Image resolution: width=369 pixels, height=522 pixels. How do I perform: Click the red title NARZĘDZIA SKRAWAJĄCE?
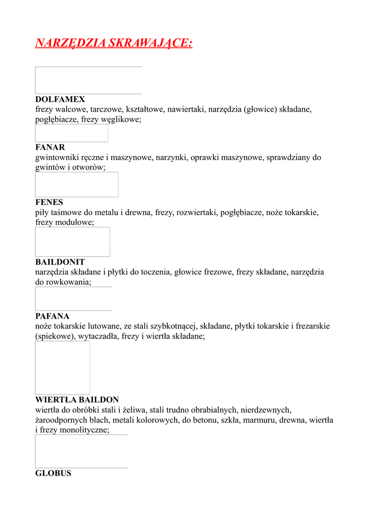pyautogui.click(x=114, y=43)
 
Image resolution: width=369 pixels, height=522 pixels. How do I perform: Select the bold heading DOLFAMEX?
pyautogui.click(x=60, y=99)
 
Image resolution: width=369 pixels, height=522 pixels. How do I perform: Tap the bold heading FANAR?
pyautogui.click(x=50, y=147)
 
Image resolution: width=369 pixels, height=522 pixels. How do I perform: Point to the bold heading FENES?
pyautogui.click(x=49, y=202)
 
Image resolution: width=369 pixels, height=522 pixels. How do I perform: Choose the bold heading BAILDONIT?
pyautogui.click(x=60, y=262)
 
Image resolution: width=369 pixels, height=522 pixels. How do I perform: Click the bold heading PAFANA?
pyautogui.click(x=52, y=316)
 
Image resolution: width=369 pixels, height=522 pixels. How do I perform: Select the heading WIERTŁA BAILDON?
pyautogui.click(x=77, y=400)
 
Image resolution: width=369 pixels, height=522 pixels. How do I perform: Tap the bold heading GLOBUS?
pyautogui.click(x=53, y=473)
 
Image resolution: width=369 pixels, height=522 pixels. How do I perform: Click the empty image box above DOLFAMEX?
pyautogui.click(x=88, y=80)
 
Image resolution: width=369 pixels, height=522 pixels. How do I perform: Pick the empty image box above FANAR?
pyautogui.click(x=71, y=133)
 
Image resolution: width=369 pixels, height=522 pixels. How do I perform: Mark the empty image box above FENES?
pyautogui.click(x=76, y=185)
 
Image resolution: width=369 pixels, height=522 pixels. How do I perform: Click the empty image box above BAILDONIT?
pyautogui.click(x=72, y=242)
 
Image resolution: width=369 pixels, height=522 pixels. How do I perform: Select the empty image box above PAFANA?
pyautogui.click(x=73, y=299)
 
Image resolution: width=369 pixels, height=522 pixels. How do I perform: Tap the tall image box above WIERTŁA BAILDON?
pyautogui.click(x=62, y=368)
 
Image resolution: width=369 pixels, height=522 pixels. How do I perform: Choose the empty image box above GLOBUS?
pyautogui.click(x=81, y=451)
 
